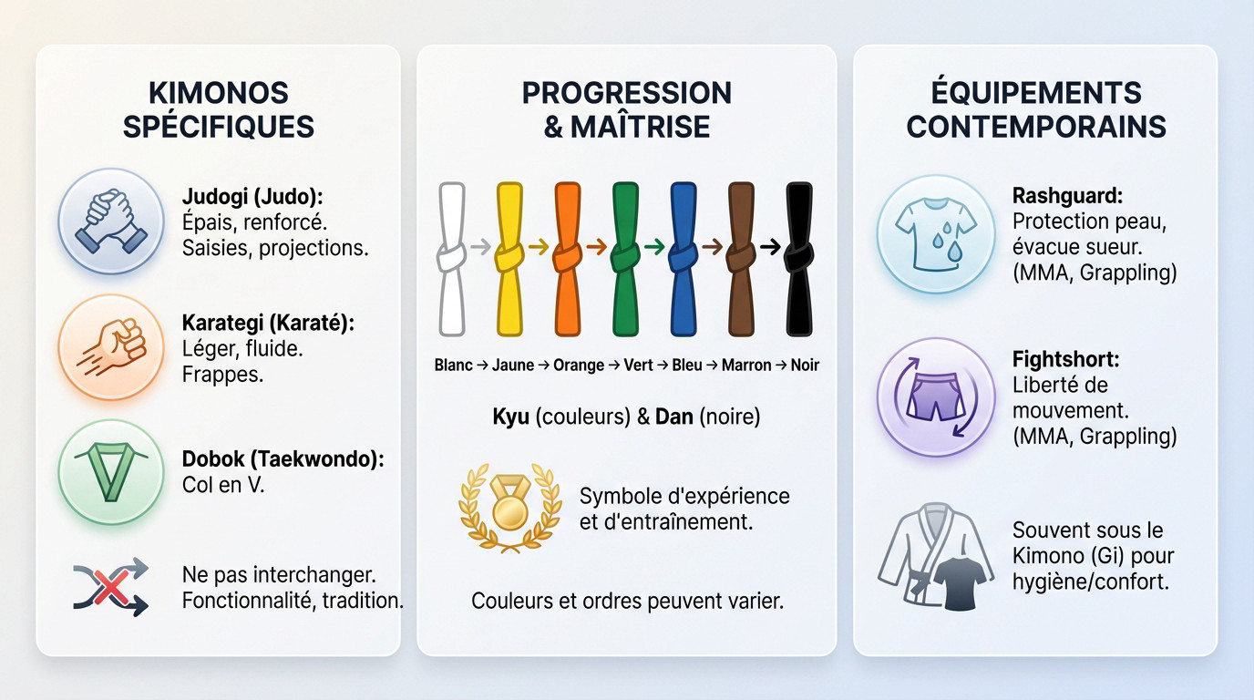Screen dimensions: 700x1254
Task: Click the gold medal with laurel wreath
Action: pos(509,509)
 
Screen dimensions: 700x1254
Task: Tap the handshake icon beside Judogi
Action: pos(111,221)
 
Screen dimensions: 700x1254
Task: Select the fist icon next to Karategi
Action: pos(111,347)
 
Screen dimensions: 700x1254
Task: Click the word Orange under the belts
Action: pos(578,365)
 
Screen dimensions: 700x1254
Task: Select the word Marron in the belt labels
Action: pos(746,365)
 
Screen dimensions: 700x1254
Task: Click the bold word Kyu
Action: pos(510,417)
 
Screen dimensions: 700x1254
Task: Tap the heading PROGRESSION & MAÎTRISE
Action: pos(626,108)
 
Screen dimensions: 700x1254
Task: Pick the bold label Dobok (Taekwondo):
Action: pos(283,459)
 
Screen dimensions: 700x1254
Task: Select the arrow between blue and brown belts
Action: pos(712,246)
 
